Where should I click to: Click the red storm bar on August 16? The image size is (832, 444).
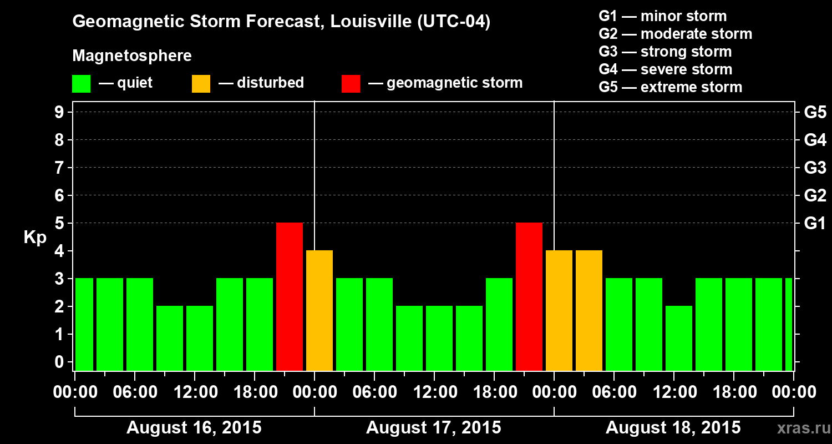pyautogui.click(x=290, y=296)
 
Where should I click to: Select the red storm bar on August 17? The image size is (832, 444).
pyautogui.click(x=529, y=296)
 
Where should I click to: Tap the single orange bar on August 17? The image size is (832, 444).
pyautogui.click(x=319, y=310)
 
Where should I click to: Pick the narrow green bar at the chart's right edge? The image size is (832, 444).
pyautogui.click(x=789, y=324)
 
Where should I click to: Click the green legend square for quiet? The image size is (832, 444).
pyautogui.click(x=82, y=84)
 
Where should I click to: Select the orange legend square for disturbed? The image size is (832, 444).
pyautogui.click(x=201, y=84)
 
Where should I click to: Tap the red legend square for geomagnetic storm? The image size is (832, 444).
pyautogui.click(x=351, y=84)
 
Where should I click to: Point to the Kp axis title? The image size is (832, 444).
pyautogui.click(x=35, y=237)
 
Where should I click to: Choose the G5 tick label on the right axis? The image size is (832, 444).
pyautogui.click(x=815, y=112)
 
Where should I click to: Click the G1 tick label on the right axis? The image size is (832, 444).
pyautogui.click(x=815, y=223)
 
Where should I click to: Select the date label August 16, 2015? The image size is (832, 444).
pyautogui.click(x=194, y=428)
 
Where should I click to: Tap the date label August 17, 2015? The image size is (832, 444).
pyautogui.click(x=434, y=428)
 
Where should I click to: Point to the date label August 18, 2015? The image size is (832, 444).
pyautogui.click(x=673, y=428)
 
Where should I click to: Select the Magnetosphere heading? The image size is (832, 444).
pyautogui.click(x=132, y=56)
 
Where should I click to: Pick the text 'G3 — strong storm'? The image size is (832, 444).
pyautogui.click(x=665, y=52)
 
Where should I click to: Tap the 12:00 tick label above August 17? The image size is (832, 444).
pyautogui.click(x=434, y=392)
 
